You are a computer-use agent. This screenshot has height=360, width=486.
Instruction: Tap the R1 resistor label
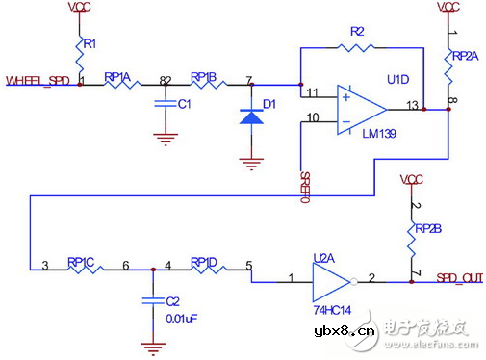89,43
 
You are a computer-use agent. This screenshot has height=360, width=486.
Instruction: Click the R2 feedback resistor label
356,32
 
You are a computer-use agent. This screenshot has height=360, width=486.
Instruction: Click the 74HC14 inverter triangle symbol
332,282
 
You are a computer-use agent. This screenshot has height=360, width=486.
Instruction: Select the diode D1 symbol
251,116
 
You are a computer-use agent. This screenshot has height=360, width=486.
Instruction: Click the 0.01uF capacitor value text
182,320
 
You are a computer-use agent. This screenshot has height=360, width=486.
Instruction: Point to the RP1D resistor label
204,261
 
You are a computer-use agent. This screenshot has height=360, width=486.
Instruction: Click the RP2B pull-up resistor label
427,228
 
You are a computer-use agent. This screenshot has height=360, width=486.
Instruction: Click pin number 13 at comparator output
412,104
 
